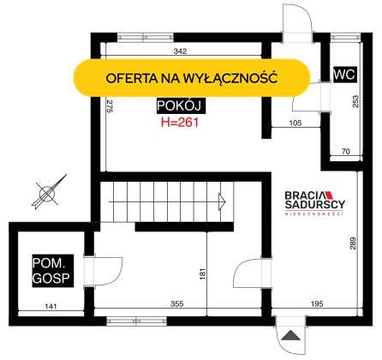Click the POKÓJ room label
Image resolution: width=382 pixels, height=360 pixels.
click(181, 105)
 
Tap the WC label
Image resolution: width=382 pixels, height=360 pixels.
click(344, 75)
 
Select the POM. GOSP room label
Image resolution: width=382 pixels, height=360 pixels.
click(52, 271)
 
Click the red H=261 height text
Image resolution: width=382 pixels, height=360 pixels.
click(180, 123)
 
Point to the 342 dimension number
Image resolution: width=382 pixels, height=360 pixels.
click(180, 51)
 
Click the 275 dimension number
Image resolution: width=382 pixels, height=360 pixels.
click(110, 106)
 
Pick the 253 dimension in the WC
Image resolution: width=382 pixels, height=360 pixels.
click(355, 101)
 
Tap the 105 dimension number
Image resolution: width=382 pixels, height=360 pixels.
click(295, 123)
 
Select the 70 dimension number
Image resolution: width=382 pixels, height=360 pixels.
click(345, 151)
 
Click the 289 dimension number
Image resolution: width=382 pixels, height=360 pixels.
click(353, 243)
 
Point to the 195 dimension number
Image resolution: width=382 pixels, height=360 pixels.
click(317, 303)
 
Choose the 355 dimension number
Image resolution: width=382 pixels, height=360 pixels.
click(177, 303)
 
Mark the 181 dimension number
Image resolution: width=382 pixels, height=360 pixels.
click(202, 273)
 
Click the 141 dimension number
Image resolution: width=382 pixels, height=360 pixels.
click(51, 306)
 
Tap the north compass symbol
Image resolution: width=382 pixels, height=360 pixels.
click(49, 192)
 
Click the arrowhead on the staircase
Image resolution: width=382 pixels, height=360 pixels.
click(222, 201)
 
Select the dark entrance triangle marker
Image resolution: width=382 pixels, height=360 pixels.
click(290, 335)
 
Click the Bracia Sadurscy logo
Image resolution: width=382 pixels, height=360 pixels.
click(314, 203)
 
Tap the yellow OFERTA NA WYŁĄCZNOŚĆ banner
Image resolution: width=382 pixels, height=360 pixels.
click(192, 78)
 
